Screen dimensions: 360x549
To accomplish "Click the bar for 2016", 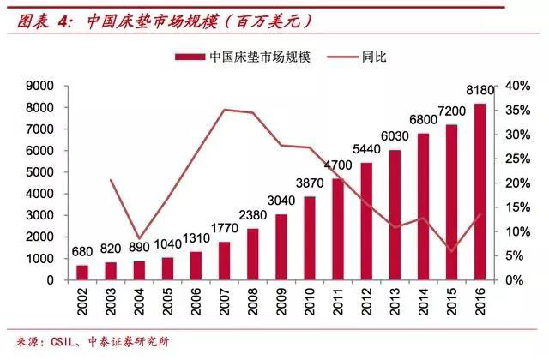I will click(x=480, y=192).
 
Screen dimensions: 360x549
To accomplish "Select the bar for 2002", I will click(x=82, y=272).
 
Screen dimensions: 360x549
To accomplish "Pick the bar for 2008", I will click(x=253, y=254).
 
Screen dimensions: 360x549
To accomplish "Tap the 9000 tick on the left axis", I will click(x=40, y=87).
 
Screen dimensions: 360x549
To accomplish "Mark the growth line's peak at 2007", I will click(x=225, y=110).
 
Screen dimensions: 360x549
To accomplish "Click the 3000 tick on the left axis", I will click(x=40, y=215).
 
